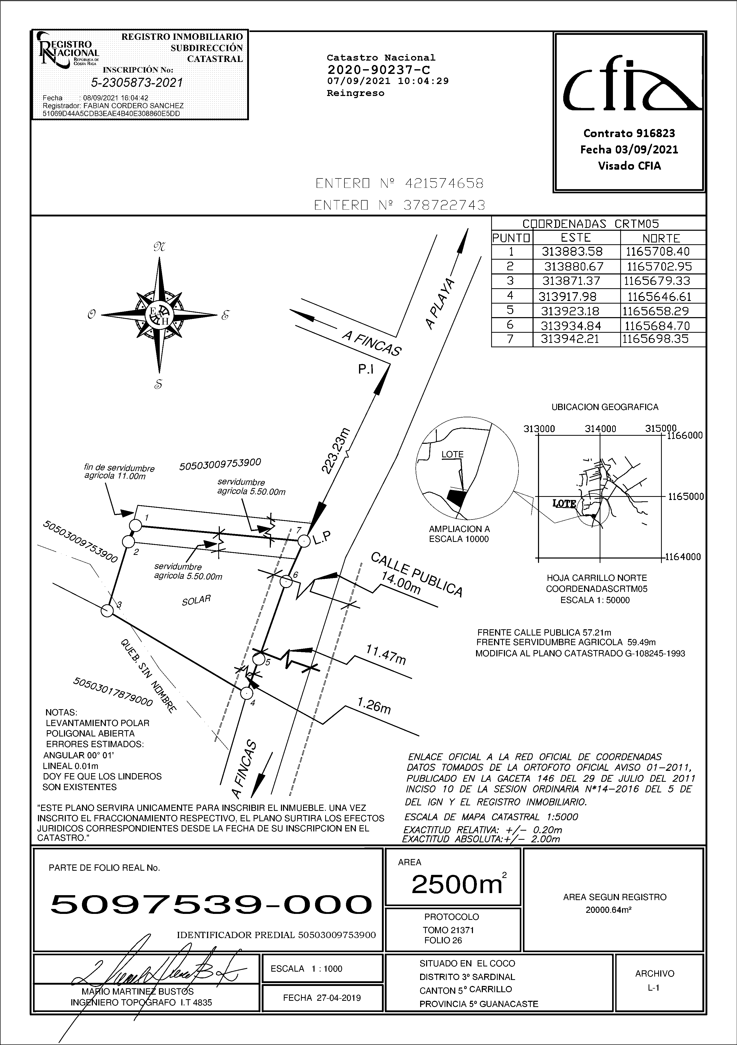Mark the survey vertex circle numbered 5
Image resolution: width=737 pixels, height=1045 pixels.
tap(259, 659)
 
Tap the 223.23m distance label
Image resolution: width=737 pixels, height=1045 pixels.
tap(336, 451)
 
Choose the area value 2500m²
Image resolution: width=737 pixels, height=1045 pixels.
tap(458, 884)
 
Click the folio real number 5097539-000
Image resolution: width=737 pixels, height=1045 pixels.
tap(211, 904)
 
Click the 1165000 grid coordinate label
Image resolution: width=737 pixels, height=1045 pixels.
tap(685, 497)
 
